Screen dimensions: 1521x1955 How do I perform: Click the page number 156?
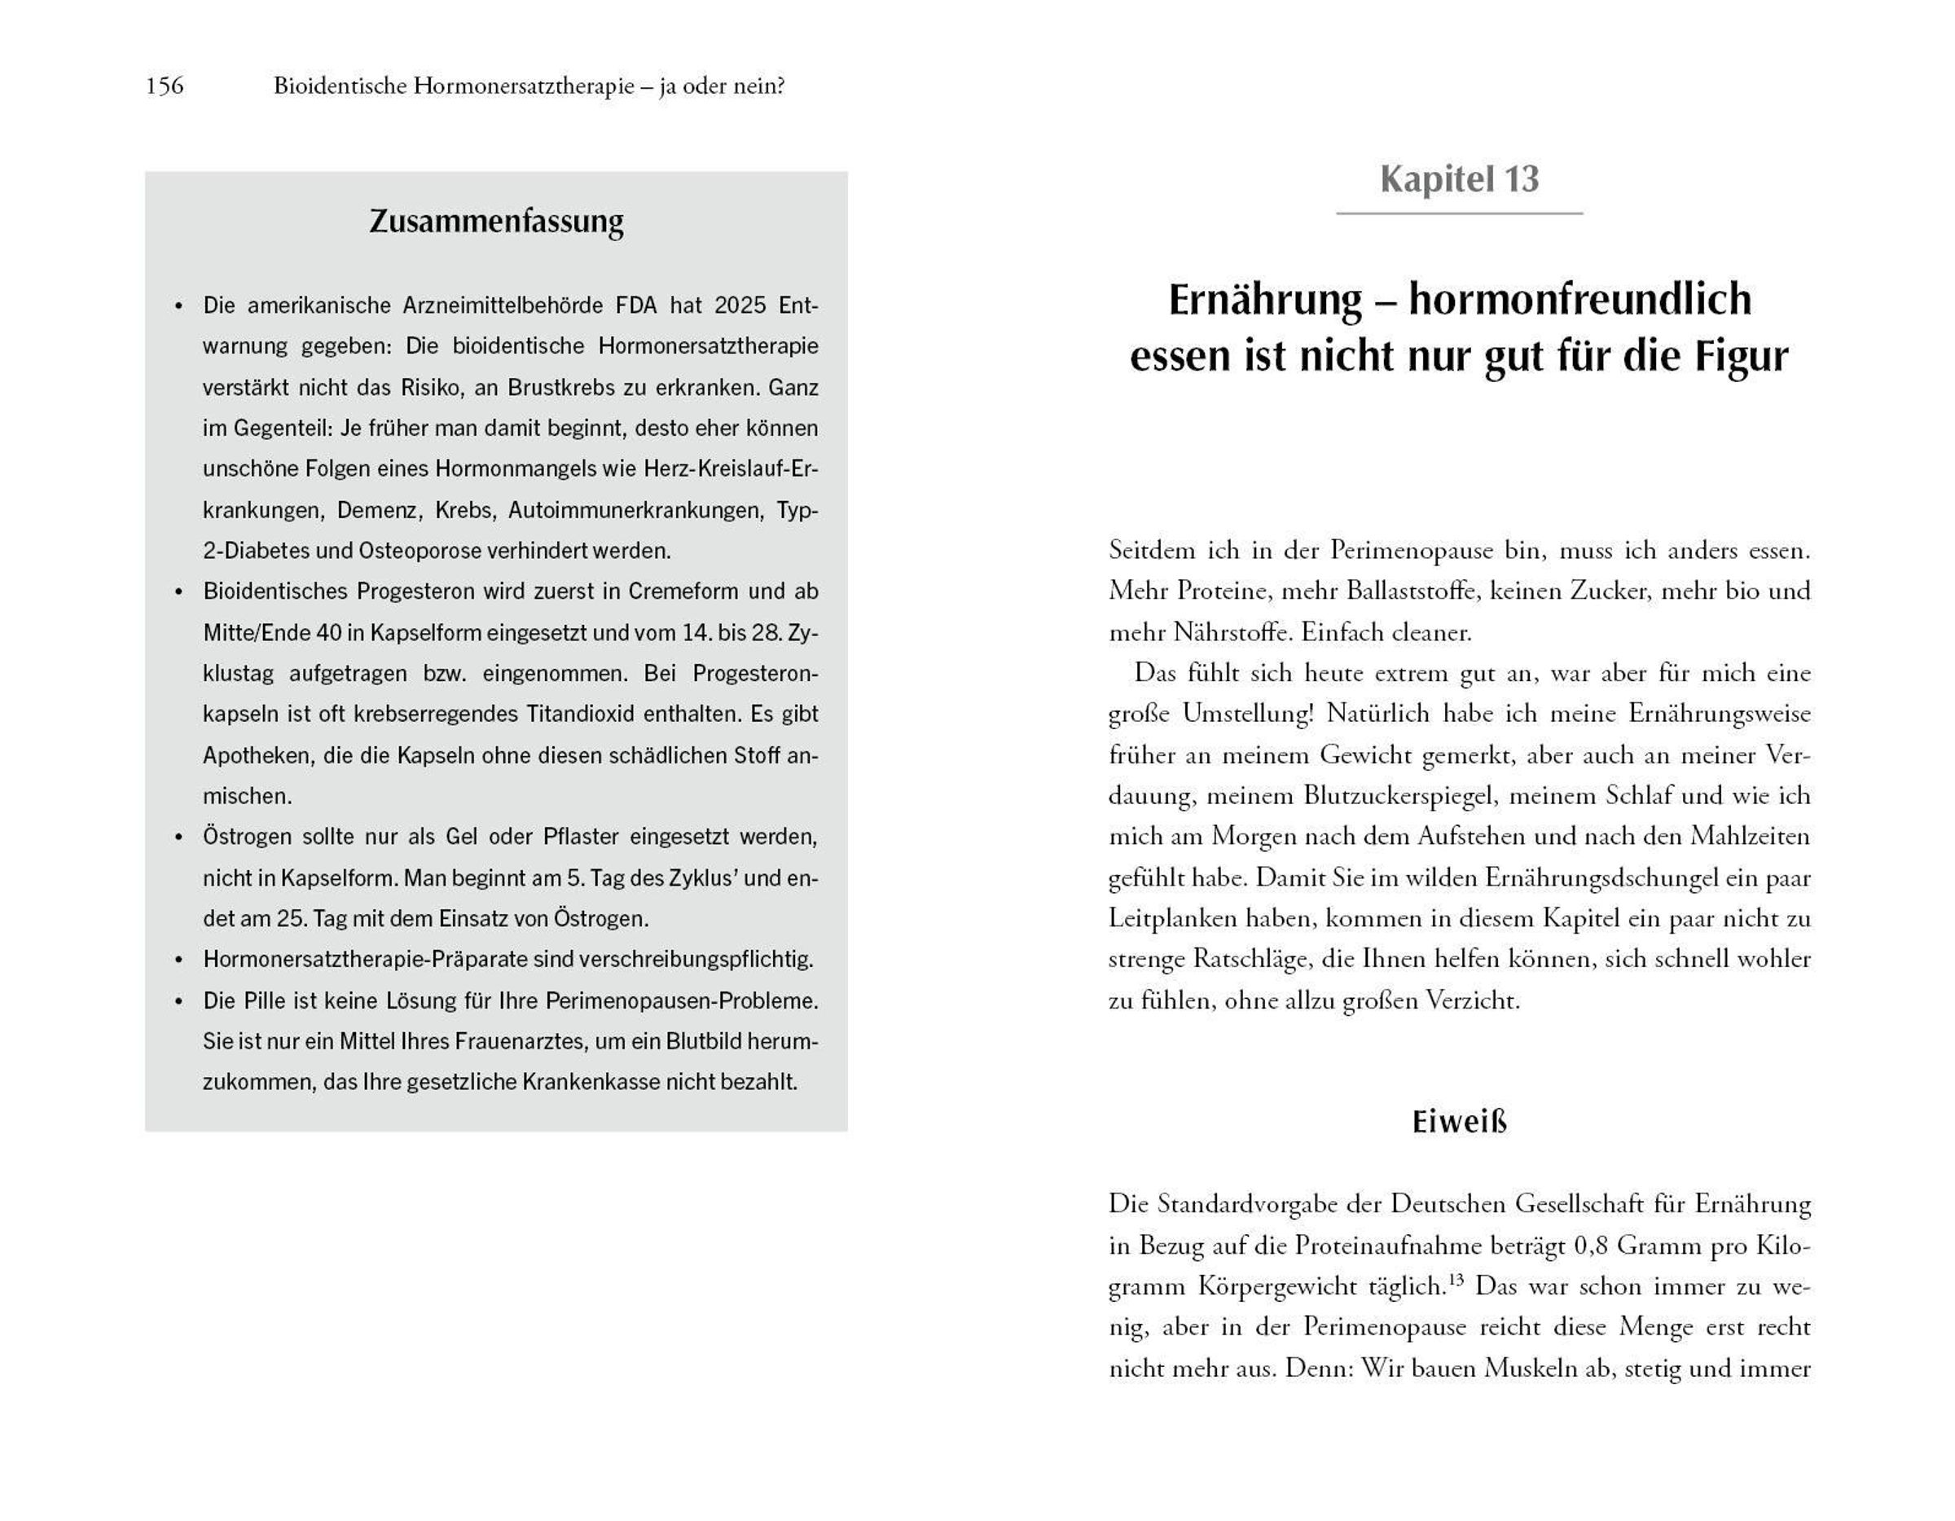coord(165,86)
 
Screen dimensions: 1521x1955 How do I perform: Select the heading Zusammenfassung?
coord(496,221)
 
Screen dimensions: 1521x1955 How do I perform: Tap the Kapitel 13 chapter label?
coord(1459,179)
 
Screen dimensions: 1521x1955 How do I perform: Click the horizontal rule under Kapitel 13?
coord(1459,213)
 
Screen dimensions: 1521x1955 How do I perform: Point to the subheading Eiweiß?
coord(1459,1122)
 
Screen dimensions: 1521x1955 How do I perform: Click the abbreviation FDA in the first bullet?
coord(636,306)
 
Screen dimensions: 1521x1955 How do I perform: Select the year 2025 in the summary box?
coord(740,306)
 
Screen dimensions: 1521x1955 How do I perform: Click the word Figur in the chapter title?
coord(1739,355)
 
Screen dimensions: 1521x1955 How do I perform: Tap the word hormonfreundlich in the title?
coord(1580,298)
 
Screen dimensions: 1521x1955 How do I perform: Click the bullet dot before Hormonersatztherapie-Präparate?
coord(179,961)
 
